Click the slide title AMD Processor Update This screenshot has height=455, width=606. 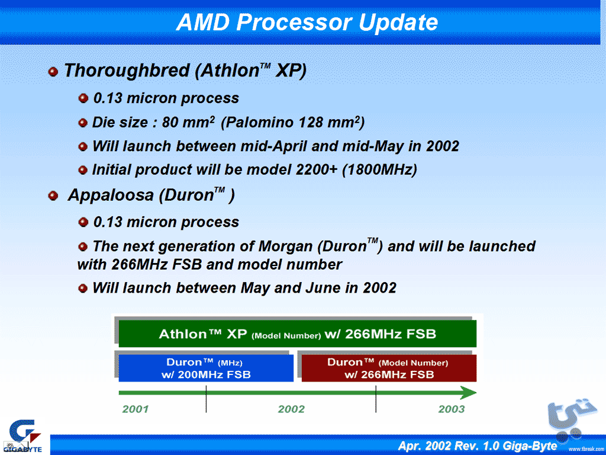[x=307, y=22]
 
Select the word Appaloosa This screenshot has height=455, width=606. [x=111, y=196]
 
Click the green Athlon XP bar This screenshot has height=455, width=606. [x=297, y=334]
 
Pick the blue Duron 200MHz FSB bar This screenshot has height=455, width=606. [x=206, y=369]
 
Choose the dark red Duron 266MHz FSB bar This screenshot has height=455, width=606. [x=389, y=369]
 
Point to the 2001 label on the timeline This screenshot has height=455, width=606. [x=136, y=409]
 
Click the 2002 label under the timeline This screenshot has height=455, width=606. [x=291, y=409]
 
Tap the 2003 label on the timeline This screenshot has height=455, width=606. [x=452, y=409]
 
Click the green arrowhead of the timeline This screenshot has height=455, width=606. [x=469, y=393]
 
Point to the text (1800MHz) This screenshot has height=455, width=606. [x=379, y=170]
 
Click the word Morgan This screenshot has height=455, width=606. [x=285, y=246]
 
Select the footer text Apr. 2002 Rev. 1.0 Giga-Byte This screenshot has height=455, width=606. [x=478, y=446]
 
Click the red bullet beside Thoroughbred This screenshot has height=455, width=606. [x=53, y=72]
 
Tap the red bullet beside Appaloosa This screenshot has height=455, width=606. [x=53, y=196]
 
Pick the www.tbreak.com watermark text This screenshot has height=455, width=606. [x=586, y=449]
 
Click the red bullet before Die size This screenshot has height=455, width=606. [x=83, y=123]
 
